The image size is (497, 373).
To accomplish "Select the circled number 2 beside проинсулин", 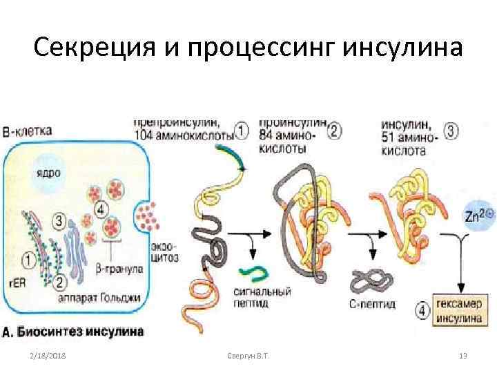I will pos(335,130).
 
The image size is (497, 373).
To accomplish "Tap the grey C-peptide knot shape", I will pos(369,281).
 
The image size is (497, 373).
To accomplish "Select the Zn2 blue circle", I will pos(479,216).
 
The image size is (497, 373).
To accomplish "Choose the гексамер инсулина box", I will pos(458,312).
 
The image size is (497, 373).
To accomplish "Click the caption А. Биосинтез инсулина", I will pos(72,331).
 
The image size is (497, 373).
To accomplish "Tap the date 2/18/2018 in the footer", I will pos(47,356).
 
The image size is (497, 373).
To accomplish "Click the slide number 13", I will pos(463,356).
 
